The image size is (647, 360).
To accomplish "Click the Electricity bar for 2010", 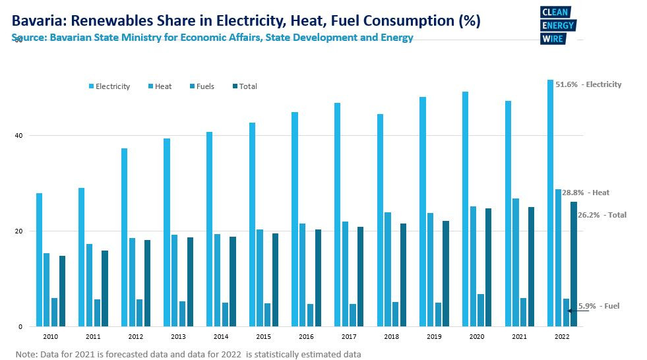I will [39, 260].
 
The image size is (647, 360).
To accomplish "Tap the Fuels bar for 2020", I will [481, 310].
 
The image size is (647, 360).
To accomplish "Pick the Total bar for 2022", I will [574, 264].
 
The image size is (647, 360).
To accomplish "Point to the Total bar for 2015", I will [276, 280].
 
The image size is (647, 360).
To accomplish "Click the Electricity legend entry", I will [109, 86].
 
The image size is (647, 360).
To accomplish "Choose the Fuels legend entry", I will [200, 86].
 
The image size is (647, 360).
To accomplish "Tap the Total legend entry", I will [244, 86].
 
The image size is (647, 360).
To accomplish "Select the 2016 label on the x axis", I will [307, 336].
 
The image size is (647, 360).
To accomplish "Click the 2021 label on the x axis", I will [520, 336].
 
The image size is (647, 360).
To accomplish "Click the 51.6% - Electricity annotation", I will [588, 84].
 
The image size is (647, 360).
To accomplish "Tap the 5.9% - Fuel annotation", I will [599, 306].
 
